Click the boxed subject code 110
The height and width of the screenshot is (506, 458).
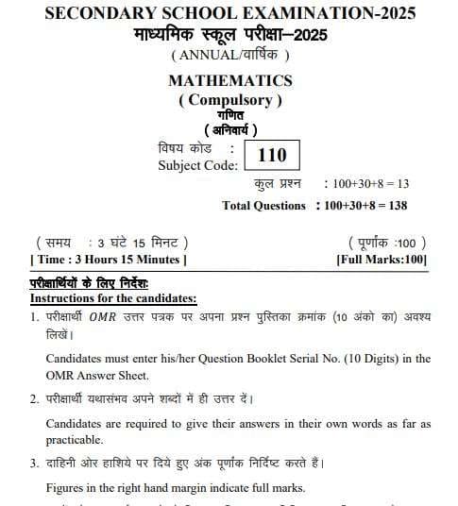[271, 155]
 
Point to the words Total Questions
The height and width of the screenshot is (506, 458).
[264, 205]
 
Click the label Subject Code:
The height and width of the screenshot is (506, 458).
[193, 165]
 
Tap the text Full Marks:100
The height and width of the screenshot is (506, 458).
[382, 259]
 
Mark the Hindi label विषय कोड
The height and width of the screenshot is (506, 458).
[185, 148]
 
